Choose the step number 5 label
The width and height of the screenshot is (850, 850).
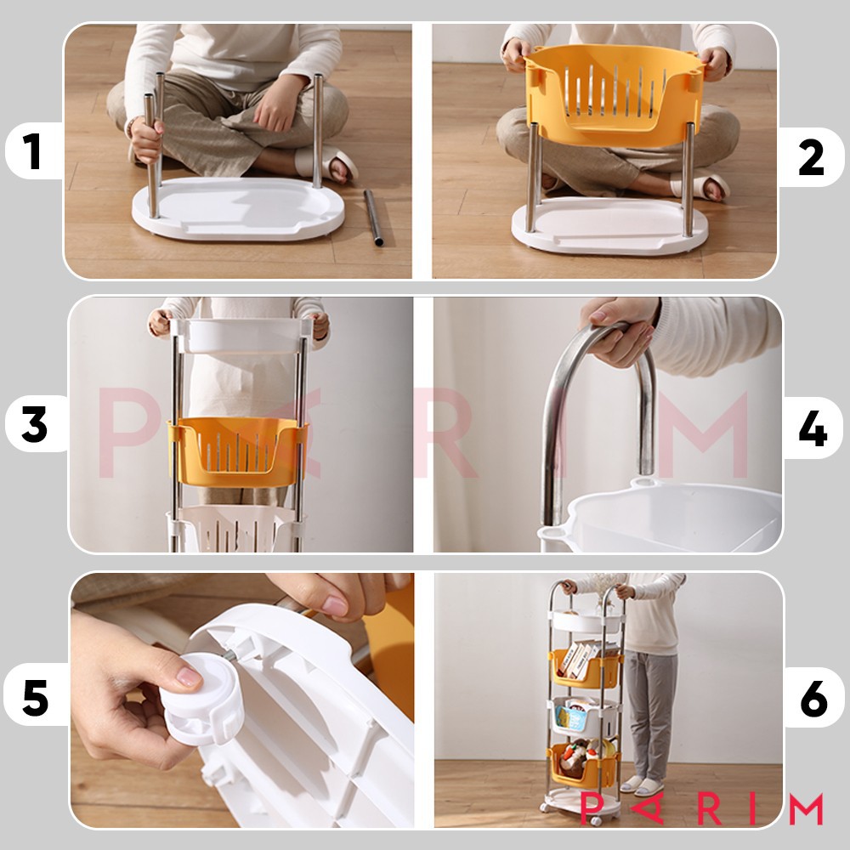point(35,698)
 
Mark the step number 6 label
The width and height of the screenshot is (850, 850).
point(813,698)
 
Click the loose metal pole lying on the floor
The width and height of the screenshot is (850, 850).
point(373,218)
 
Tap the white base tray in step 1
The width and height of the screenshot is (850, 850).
point(239,208)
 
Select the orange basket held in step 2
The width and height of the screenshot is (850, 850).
point(615,95)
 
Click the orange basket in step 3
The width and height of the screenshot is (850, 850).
point(237,451)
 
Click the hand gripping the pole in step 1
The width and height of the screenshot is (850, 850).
point(144,140)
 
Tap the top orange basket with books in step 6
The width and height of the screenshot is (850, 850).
point(585,667)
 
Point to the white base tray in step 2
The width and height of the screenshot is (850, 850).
point(609,225)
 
